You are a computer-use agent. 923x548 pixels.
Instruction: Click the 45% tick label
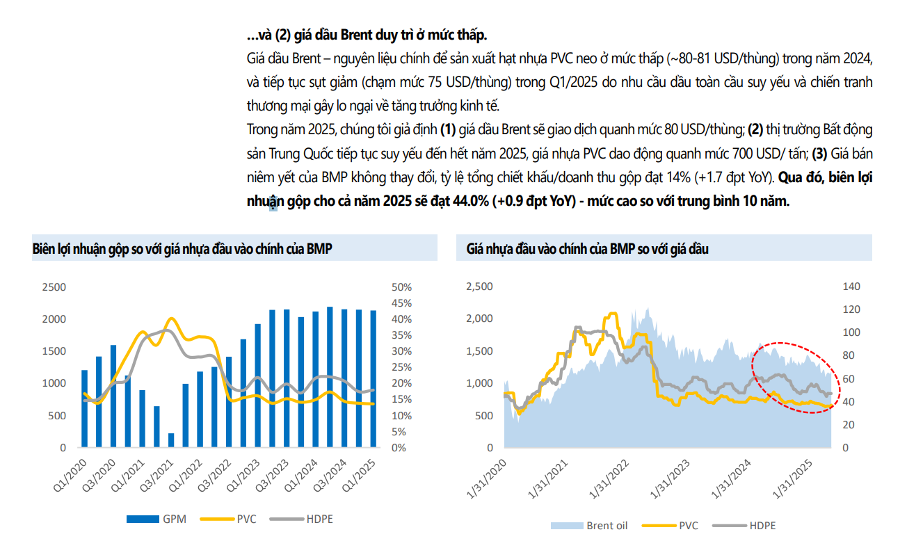click(403, 303)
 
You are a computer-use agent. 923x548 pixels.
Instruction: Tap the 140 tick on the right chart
click(851, 287)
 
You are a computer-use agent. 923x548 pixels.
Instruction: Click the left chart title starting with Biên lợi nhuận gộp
click(182, 249)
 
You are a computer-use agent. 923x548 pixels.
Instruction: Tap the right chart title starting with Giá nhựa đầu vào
click(588, 249)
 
